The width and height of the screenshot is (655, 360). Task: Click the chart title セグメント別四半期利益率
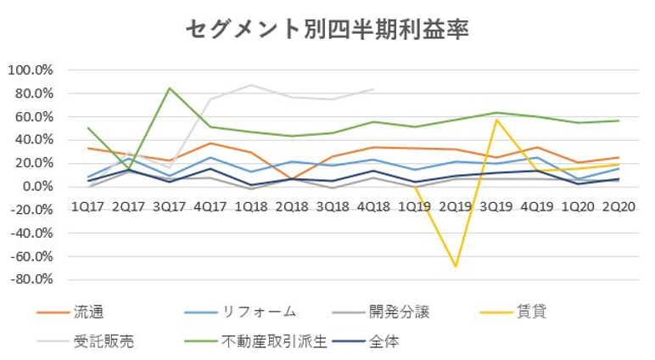[x=327, y=28]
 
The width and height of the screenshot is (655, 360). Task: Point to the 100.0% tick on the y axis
[x=31, y=70]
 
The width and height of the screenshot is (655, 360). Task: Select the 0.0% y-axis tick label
[x=36, y=186]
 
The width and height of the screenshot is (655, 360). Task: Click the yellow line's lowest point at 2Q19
[x=456, y=267]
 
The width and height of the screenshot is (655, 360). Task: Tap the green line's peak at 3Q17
[x=171, y=87]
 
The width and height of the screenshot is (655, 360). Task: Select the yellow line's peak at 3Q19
[x=496, y=120]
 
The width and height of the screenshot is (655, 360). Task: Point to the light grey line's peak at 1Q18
[x=251, y=85]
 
